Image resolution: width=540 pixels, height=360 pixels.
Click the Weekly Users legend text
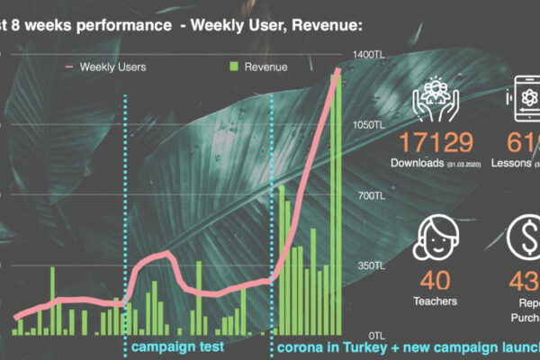point(112,67)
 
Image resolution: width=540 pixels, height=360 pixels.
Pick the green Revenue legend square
point(234,67)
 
